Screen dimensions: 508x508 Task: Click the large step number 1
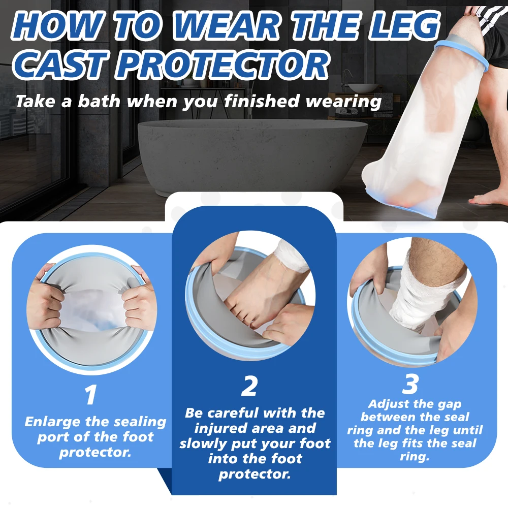[x=91, y=395]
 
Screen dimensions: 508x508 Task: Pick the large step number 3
[x=409, y=385]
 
